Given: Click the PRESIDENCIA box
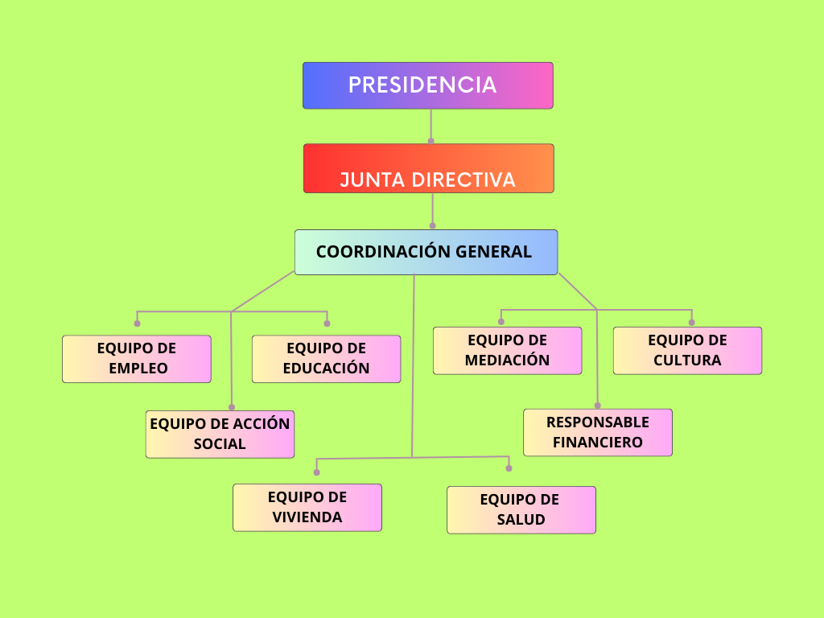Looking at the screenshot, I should [x=427, y=85].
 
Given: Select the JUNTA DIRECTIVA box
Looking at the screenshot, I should [x=428, y=168].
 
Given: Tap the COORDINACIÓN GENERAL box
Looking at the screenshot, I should [x=426, y=252].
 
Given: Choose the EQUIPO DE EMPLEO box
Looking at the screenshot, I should [x=137, y=358].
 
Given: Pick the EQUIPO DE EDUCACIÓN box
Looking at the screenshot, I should [x=326, y=358].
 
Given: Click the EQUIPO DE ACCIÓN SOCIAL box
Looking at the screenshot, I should [x=220, y=434].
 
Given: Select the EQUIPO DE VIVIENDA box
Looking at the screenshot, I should [x=307, y=507].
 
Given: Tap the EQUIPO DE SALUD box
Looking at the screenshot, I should [x=521, y=509].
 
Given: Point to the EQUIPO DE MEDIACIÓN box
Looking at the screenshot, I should [x=507, y=350].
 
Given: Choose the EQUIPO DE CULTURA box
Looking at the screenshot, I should [x=687, y=350].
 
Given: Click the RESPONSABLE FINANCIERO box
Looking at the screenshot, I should [x=597, y=432].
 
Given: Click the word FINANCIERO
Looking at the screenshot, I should [x=597, y=443].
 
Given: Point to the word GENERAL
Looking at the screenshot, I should [x=493, y=252].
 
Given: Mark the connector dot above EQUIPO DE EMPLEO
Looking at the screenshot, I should [x=137, y=323].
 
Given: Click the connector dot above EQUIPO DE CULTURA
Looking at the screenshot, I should [x=691, y=322].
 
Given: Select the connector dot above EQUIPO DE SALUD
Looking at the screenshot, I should [x=509, y=468].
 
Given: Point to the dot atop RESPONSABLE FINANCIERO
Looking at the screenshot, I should [x=597, y=405].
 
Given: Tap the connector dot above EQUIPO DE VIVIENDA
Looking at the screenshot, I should [x=317, y=472].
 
